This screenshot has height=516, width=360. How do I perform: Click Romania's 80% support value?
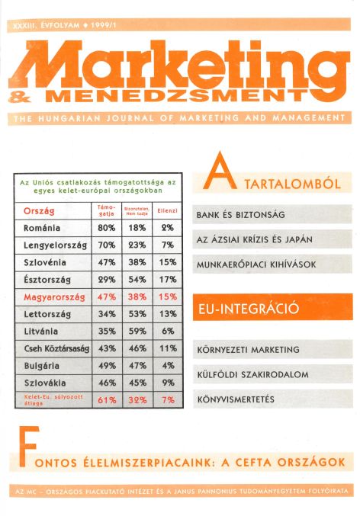[106, 228]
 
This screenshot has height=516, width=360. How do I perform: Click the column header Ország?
[40, 210]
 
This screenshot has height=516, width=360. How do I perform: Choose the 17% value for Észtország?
[168, 280]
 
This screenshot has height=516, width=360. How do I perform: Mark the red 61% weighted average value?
[106, 399]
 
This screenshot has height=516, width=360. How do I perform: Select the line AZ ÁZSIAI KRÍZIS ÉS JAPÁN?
[255, 239]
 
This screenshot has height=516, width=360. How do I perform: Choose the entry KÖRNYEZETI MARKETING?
[247, 350]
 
